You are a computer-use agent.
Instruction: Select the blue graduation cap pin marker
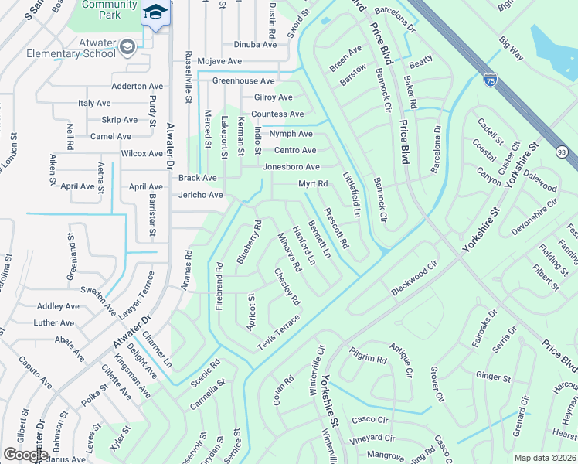coord(155,14)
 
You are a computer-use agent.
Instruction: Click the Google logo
coord(25,455)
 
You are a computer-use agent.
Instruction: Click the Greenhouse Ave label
coord(243,80)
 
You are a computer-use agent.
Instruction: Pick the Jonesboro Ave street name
coord(291,167)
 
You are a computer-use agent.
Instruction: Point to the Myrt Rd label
coord(314,184)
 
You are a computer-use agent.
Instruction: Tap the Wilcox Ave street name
coord(142,154)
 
